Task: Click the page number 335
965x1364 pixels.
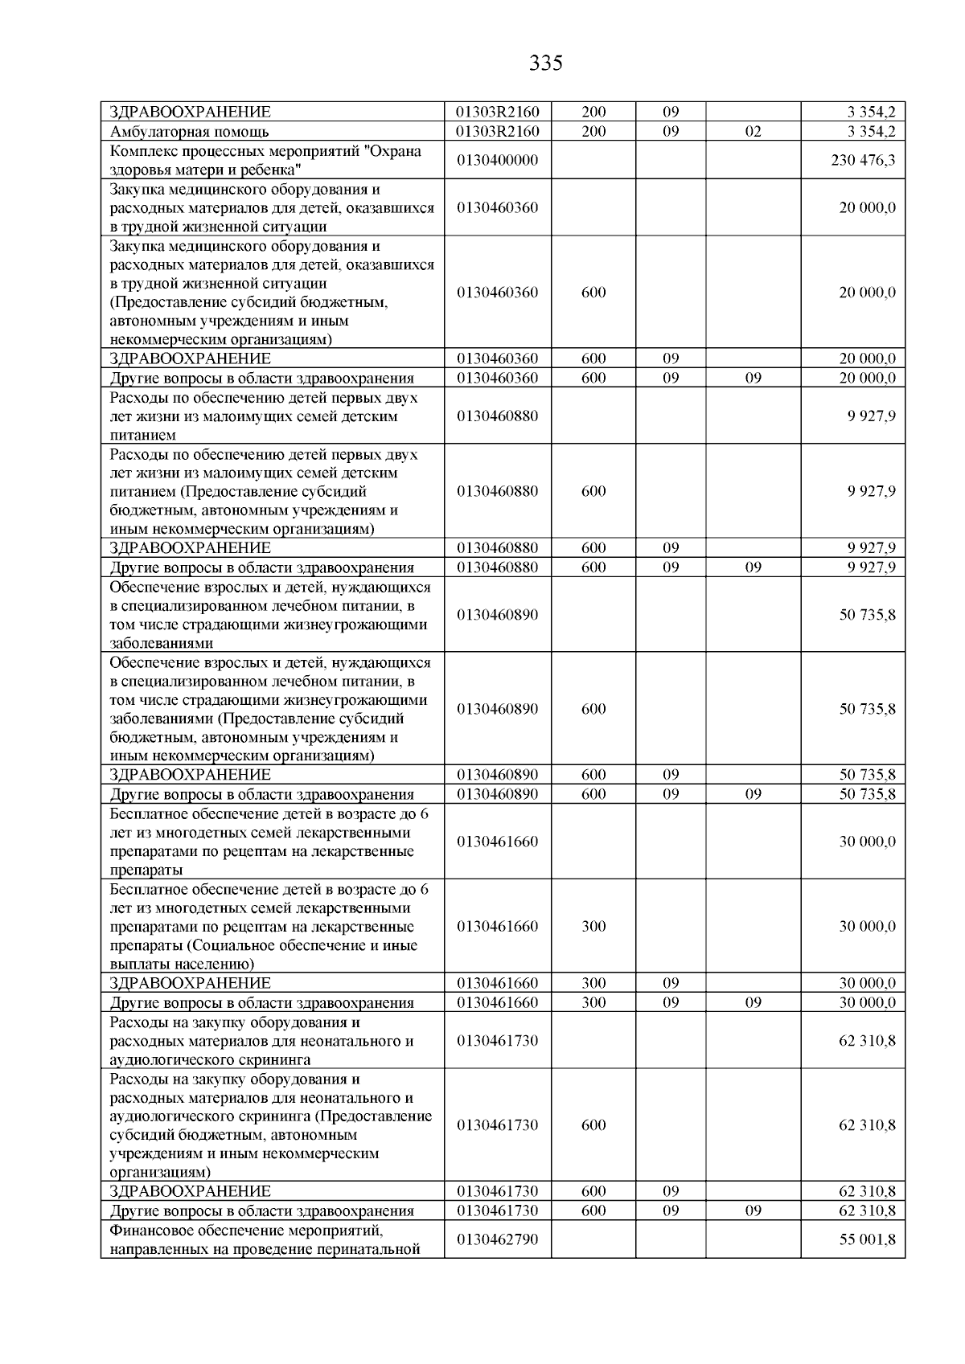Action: [x=546, y=63]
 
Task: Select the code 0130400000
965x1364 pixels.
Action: [x=497, y=160]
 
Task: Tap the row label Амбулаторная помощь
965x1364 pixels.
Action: [x=189, y=132]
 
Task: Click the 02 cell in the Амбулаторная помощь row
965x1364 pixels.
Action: [x=753, y=132]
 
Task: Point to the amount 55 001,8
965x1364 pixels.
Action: [x=867, y=1239]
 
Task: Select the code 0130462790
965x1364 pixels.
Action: [x=497, y=1239]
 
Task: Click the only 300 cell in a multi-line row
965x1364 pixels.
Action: [x=593, y=926]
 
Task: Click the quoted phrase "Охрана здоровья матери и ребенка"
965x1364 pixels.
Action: [x=265, y=161]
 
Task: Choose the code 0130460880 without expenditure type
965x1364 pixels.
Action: [x=497, y=416]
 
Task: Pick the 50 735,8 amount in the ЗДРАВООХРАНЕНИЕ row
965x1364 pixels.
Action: [x=867, y=775]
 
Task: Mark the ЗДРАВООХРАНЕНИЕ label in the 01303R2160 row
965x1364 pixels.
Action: [x=190, y=113]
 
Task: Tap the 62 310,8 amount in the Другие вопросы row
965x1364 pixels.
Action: [x=867, y=1210]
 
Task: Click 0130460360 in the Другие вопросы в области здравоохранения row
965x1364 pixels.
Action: [x=497, y=378]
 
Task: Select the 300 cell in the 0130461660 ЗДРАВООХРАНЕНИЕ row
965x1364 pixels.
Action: [x=593, y=983]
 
